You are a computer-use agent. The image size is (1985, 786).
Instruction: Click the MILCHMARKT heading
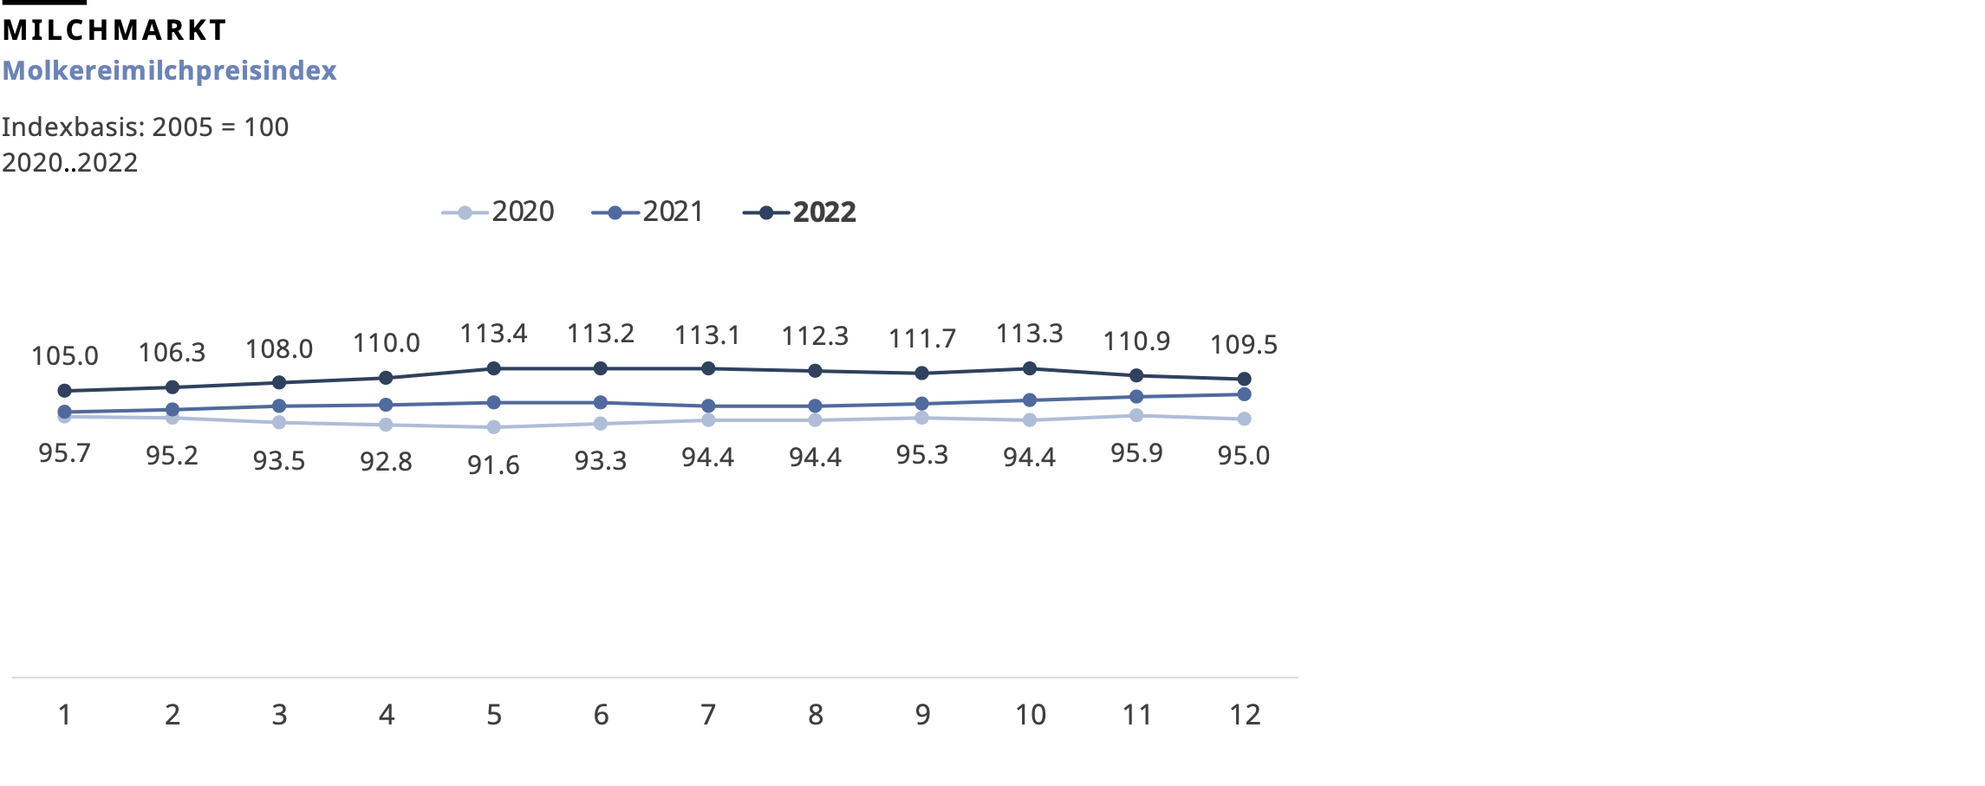click(114, 30)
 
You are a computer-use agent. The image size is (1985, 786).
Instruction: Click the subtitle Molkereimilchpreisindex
click(169, 70)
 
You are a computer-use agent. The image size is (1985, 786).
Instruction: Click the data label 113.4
click(493, 334)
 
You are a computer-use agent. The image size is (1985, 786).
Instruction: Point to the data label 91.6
click(493, 465)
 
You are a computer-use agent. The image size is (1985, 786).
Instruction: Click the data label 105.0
click(65, 356)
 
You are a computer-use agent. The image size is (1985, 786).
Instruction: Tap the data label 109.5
click(1243, 345)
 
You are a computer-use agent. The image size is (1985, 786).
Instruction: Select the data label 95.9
click(1136, 453)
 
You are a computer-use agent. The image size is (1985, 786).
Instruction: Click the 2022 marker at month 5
click(494, 369)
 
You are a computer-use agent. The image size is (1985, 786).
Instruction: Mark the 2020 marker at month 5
click(494, 427)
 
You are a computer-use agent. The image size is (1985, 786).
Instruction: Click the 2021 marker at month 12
click(1244, 394)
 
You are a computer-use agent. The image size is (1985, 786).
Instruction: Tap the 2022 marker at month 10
click(1030, 369)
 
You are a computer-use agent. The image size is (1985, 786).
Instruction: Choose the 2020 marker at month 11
click(1136, 416)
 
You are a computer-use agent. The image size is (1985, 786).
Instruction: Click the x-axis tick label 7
click(708, 715)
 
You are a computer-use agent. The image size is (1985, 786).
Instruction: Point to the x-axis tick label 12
click(1245, 715)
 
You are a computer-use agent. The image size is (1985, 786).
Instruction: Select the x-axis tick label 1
click(65, 715)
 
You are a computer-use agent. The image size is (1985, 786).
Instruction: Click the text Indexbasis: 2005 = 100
click(145, 127)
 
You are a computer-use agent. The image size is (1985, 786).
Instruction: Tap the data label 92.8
click(386, 462)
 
